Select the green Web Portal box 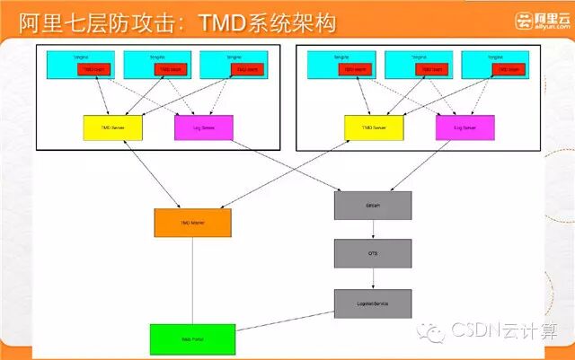coord(192,338)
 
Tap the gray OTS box coord(373,254)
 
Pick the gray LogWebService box coord(373,303)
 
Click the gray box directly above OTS coord(373,206)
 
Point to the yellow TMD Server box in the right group coord(374,128)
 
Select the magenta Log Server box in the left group coord(203,128)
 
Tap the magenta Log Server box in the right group coord(464,128)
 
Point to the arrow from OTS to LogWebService coord(373,278)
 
